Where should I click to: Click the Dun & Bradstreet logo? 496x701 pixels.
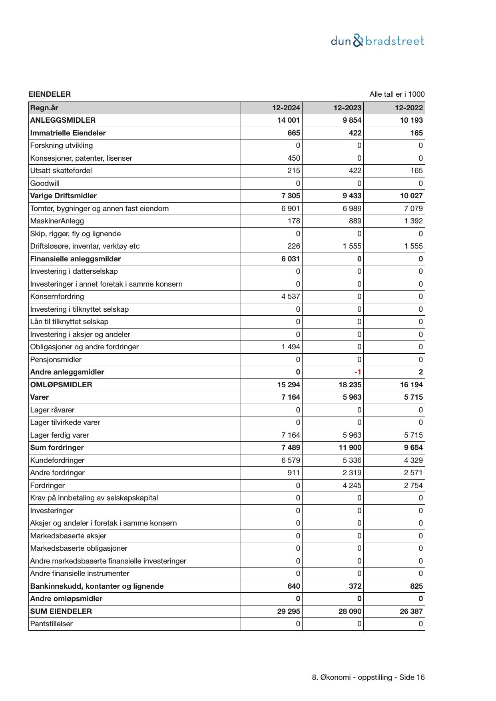pyautogui.click(x=377, y=41)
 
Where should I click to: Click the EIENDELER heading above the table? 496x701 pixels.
pyautogui.click(x=50, y=94)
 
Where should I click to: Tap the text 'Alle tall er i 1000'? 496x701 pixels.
pyautogui.click(x=397, y=94)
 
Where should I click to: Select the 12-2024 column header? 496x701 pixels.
pyautogui.click(x=286, y=108)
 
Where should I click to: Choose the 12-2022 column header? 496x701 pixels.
pyautogui.click(x=408, y=108)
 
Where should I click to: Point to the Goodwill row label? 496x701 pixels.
pyautogui.click(x=45, y=183)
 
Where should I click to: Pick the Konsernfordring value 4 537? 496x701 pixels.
pyautogui.click(x=291, y=297)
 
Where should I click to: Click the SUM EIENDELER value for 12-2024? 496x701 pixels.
pyautogui.click(x=289, y=611)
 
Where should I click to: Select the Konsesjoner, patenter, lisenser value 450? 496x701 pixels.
pyautogui.click(x=293, y=158)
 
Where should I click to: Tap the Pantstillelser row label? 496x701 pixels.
pyautogui.click(x=51, y=624)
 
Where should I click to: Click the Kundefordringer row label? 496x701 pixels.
pyautogui.click(x=57, y=460)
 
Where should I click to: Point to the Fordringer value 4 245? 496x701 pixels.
pyautogui.click(x=352, y=486)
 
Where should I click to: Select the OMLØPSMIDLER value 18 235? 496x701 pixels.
pyautogui.click(x=350, y=385)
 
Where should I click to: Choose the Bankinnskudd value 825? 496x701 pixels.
pyautogui.click(x=416, y=586)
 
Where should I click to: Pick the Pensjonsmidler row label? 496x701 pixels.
pyautogui.click(x=56, y=360)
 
